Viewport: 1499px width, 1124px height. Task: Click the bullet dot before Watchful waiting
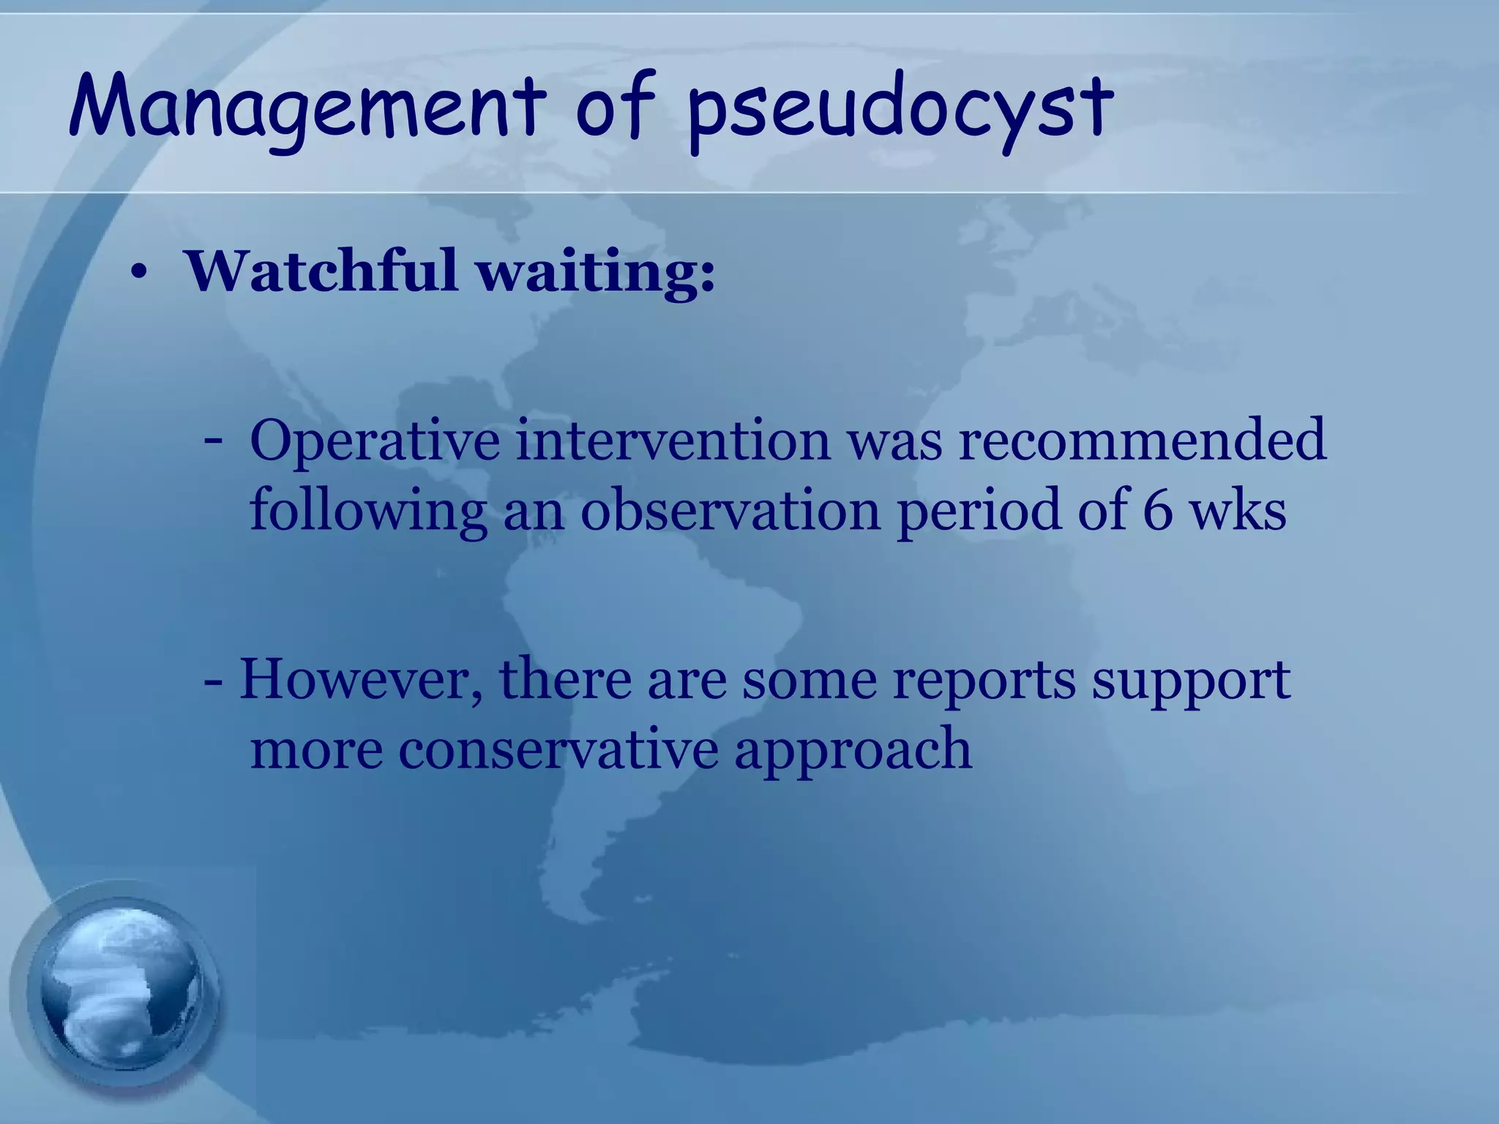pyautogui.click(x=139, y=274)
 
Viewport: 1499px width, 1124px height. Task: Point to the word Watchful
pyautogui.click(x=322, y=271)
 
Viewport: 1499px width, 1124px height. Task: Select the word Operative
pyautogui.click(x=375, y=441)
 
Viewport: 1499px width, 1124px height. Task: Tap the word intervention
pyautogui.click(x=673, y=440)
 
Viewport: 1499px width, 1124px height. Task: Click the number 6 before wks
pyautogui.click(x=1157, y=510)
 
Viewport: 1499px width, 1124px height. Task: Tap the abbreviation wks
pyautogui.click(x=1238, y=510)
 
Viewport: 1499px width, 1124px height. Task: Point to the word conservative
pyautogui.click(x=558, y=749)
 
